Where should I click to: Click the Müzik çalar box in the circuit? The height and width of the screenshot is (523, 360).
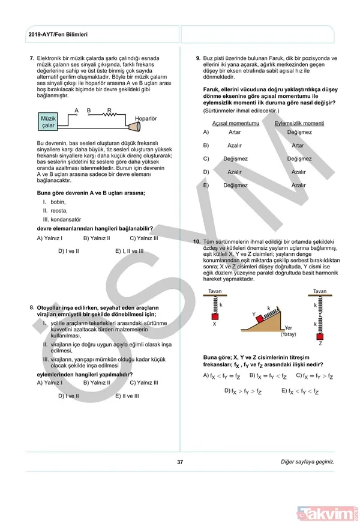coord(48,122)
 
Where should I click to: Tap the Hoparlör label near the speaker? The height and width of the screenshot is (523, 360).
coord(145,119)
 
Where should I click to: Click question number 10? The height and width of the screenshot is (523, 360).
coord(196,241)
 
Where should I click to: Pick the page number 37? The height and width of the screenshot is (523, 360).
coord(180,462)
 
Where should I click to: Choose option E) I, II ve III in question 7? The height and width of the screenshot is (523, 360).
coord(129,251)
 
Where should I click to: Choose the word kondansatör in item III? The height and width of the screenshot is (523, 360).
coord(67,219)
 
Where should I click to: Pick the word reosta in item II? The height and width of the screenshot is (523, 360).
coord(59,210)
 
